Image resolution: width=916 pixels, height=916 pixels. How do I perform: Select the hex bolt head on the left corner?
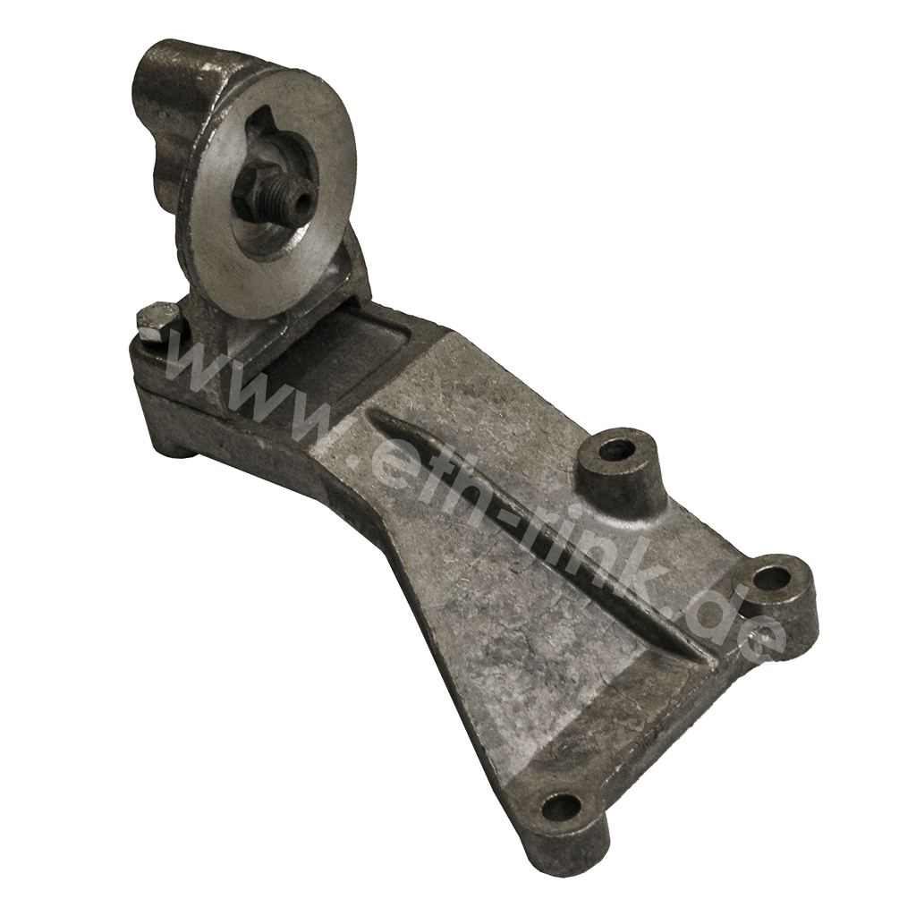pos(156,319)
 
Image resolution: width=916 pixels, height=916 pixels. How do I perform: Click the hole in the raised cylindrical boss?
pos(615,449)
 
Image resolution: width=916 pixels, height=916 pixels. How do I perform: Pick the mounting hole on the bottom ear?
pos(562,809)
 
